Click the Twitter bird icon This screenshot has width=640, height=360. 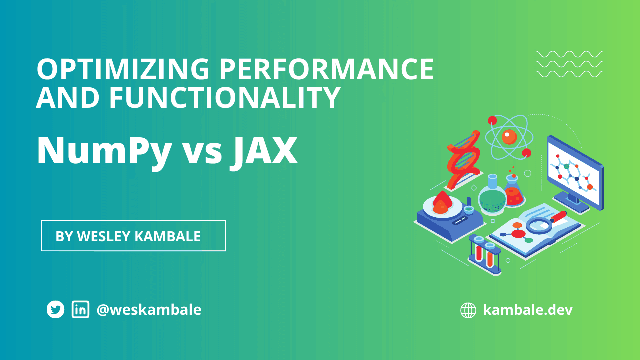coord(56,310)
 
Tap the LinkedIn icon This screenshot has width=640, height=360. coord(80,310)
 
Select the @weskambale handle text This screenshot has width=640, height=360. coord(149,310)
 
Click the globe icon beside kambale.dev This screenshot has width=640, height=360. coord(468,310)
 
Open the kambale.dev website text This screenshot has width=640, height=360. coord(528,310)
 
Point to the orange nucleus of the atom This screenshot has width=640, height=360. coord(509,136)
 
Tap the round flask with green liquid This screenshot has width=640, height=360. coord(492,197)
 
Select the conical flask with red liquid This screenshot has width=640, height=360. coord(513,192)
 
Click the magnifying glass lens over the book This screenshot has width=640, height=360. coord(539,225)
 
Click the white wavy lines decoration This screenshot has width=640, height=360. coord(569,64)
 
